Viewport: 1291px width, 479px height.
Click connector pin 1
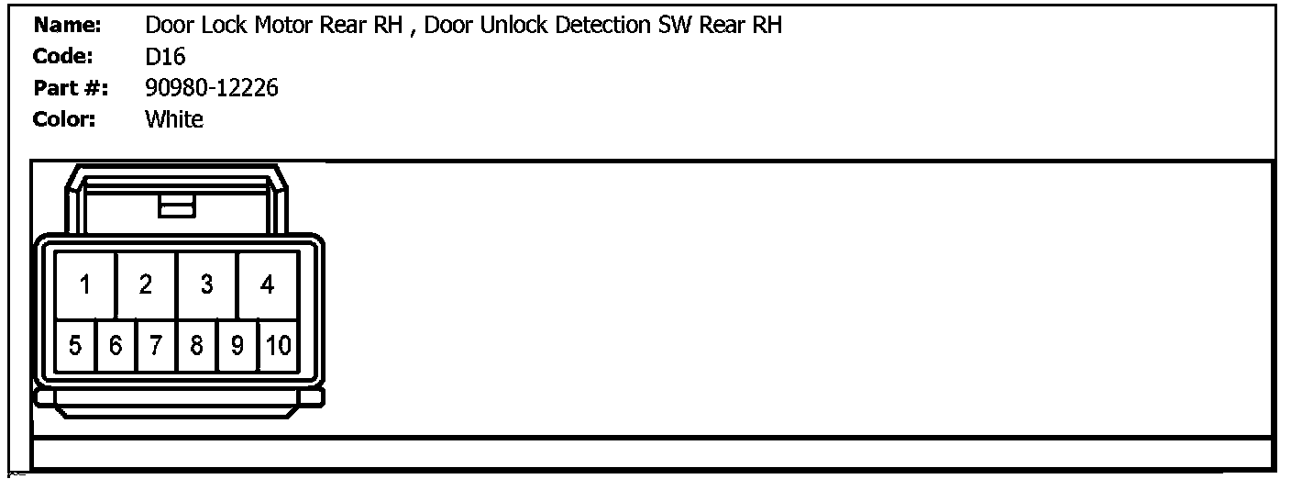tap(84, 285)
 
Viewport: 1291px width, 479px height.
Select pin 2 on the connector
tap(146, 285)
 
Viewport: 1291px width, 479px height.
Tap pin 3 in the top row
tap(206, 285)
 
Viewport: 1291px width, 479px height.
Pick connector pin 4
tap(267, 285)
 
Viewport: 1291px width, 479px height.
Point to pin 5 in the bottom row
tap(75, 346)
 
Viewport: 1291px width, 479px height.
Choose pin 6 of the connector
tap(116, 346)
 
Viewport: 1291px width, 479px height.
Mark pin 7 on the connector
tap(156, 346)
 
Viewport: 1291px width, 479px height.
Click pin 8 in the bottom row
tap(196, 346)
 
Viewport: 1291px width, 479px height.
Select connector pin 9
tap(237, 346)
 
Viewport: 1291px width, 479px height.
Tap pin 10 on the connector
tap(278, 346)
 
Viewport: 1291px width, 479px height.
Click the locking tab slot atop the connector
tap(177, 205)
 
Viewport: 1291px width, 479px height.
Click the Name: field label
tap(67, 26)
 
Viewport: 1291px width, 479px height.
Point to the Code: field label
tap(63, 57)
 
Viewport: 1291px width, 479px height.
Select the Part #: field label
tap(71, 88)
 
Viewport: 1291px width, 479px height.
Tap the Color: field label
tap(64, 119)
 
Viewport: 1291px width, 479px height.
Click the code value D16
tap(165, 57)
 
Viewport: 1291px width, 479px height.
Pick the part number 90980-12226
tap(212, 88)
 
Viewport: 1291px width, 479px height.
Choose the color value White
tap(174, 119)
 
